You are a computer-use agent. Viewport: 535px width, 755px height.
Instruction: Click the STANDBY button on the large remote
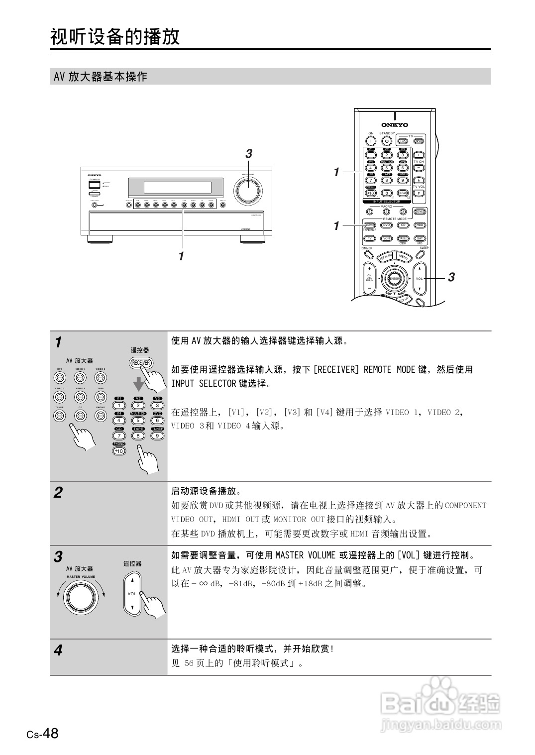tap(387, 141)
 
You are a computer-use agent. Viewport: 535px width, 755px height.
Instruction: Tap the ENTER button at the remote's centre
tap(394, 279)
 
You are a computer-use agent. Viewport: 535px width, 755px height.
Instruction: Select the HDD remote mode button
tap(420, 225)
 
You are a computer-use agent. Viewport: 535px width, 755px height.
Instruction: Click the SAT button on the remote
tap(420, 238)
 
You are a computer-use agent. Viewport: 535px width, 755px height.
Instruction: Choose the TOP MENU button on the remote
tap(385, 257)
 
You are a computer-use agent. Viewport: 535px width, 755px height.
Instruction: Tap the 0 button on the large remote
tap(386, 193)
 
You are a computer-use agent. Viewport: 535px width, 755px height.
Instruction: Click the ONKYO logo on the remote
tap(394, 125)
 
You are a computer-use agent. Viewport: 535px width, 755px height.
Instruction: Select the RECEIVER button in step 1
tap(141, 363)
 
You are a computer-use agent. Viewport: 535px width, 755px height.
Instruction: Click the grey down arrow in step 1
tap(139, 384)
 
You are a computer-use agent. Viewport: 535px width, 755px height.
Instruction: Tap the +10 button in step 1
tap(118, 451)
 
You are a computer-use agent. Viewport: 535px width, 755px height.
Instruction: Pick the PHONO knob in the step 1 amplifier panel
tap(101, 416)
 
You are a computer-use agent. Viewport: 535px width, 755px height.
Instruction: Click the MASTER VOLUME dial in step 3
tap(81, 597)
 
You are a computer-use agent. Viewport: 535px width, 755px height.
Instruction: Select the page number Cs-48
tap(43, 734)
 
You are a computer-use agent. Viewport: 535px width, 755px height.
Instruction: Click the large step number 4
tap(58, 650)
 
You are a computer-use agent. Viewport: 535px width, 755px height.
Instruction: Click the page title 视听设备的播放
tap(115, 36)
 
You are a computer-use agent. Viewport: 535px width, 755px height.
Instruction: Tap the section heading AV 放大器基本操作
tap(101, 77)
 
